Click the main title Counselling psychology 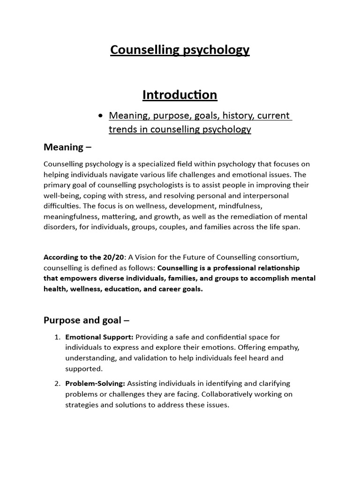point(180,50)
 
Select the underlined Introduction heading point(180,95)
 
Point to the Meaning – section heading point(67,147)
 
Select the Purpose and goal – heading point(86,321)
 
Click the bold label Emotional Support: point(99,337)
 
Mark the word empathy point(284,347)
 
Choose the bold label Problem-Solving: point(95,384)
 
